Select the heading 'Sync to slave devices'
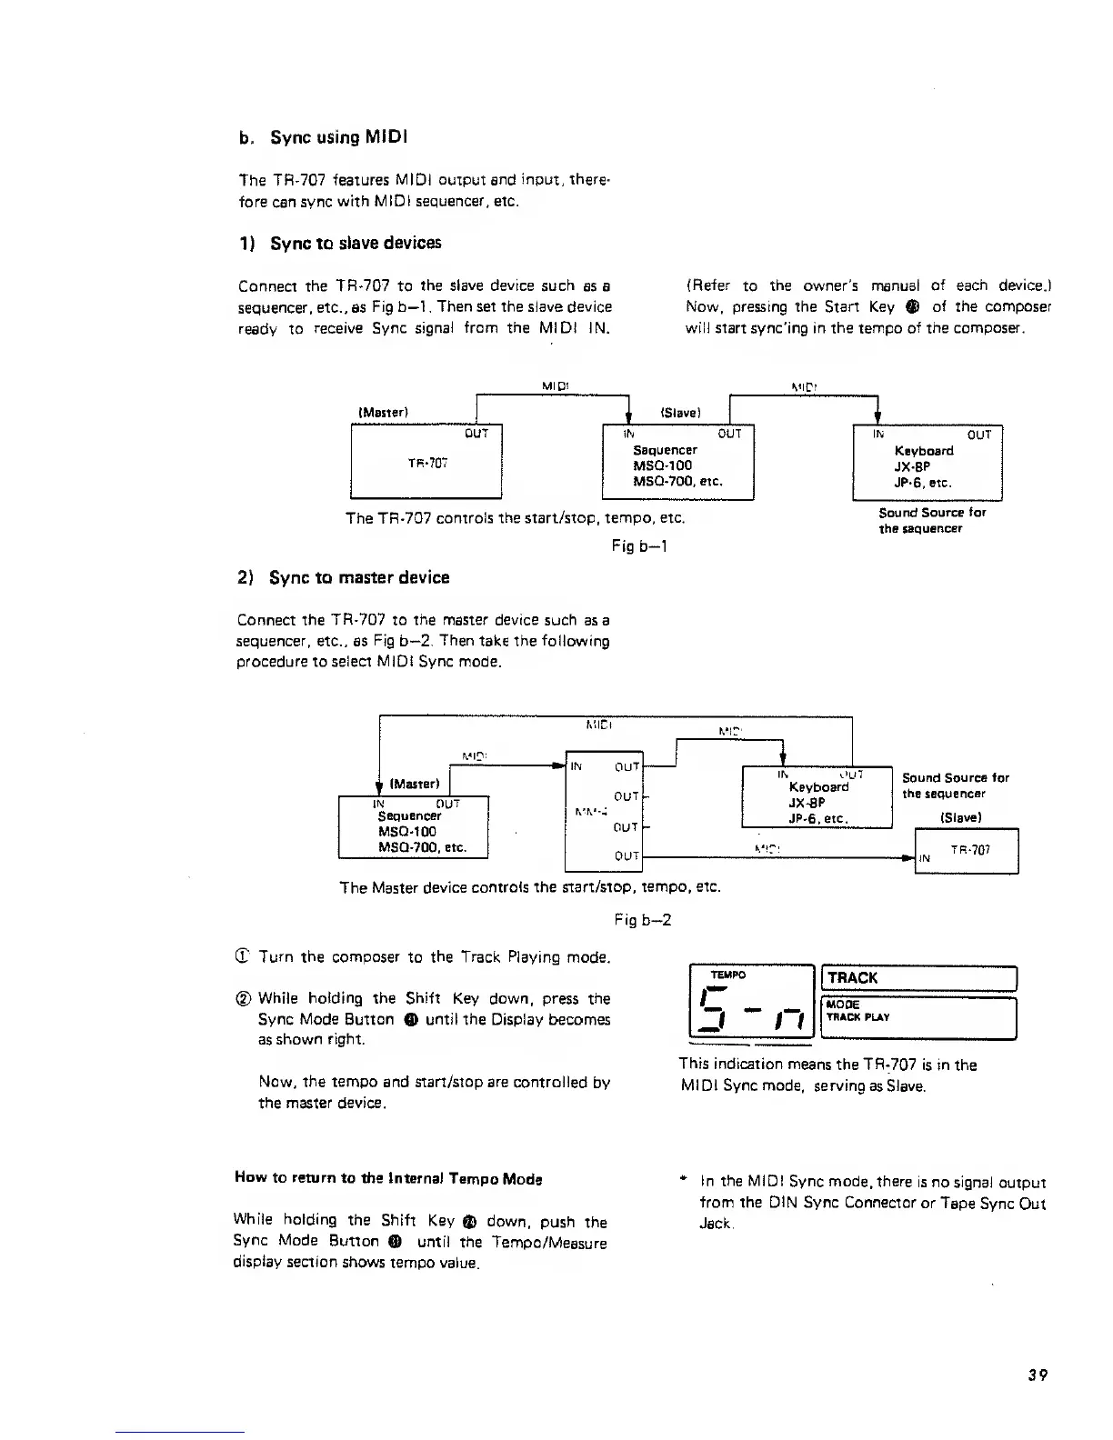[340, 243]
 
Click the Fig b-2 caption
[643, 919]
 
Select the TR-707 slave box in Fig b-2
[966, 851]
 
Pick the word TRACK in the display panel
[853, 977]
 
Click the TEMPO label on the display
[727, 974]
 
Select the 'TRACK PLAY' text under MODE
[858, 1017]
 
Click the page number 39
[1038, 1375]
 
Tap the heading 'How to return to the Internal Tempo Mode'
[387, 1179]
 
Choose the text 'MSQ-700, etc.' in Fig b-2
[422, 847]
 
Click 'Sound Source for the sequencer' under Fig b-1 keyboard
[931, 520]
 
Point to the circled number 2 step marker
[243, 998]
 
